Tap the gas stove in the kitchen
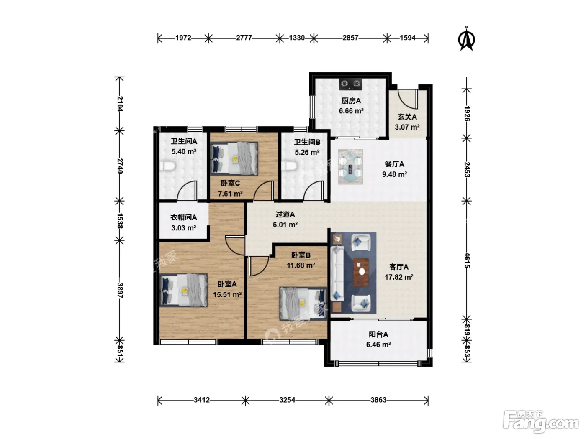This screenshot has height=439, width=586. pyautogui.click(x=350, y=84)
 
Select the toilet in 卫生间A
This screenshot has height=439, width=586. pyautogui.click(x=167, y=166)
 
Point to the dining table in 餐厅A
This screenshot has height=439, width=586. pyautogui.click(x=350, y=166)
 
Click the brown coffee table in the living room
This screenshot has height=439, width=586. pyautogui.click(x=361, y=272)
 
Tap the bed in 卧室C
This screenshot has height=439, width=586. pyautogui.click(x=234, y=158)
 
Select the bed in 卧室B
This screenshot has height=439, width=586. pyautogui.click(x=303, y=304)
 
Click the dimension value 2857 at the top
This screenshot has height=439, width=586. pyautogui.click(x=350, y=38)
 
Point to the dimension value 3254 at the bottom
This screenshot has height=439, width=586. pyautogui.click(x=287, y=400)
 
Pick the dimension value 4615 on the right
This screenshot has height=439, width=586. pyautogui.click(x=467, y=260)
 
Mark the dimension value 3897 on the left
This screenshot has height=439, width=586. pyautogui.click(x=120, y=290)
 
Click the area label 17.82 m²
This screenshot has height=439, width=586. pyautogui.click(x=399, y=277)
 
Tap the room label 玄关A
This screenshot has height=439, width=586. pyautogui.click(x=407, y=117)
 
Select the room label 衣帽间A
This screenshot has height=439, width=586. pyautogui.click(x=184, y=217)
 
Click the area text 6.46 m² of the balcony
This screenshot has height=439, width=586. pyautogui.click(x=378, y=345)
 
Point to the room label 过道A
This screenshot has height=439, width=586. pyautogui.click(x=285, y=214)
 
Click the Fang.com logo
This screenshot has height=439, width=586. pyautogui.click(x=541, y=421)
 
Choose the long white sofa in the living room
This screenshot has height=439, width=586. pyautogui.click(x=337, y=273)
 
